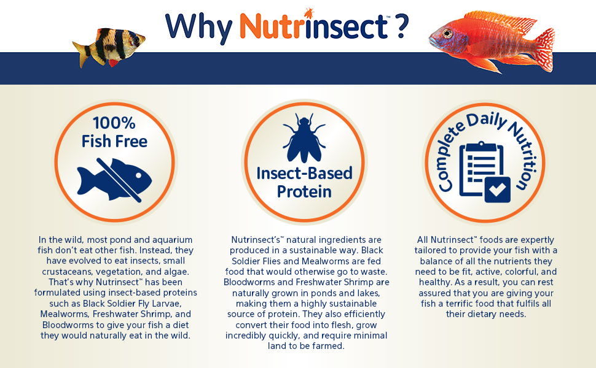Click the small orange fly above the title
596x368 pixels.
tap(308, 12)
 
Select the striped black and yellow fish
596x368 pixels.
tap(109, 48)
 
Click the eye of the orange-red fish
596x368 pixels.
tap(447, 33)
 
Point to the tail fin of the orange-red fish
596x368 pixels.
tap(543, 50)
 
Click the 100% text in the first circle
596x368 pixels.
tap(114, 123)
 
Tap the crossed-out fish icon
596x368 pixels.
tap(114, 180)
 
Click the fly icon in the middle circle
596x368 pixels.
tap(304, 138)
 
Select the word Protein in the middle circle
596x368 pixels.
tap(304, 191)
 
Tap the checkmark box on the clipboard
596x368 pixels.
tap(498, 190)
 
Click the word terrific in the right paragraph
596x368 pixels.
tap(461, 304)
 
